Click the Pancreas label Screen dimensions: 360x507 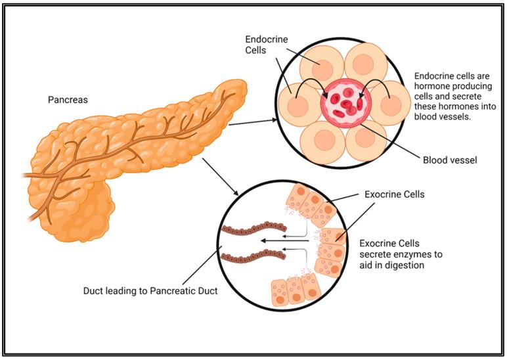pos(68,100)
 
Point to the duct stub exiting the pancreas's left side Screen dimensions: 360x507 pos(30,175)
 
